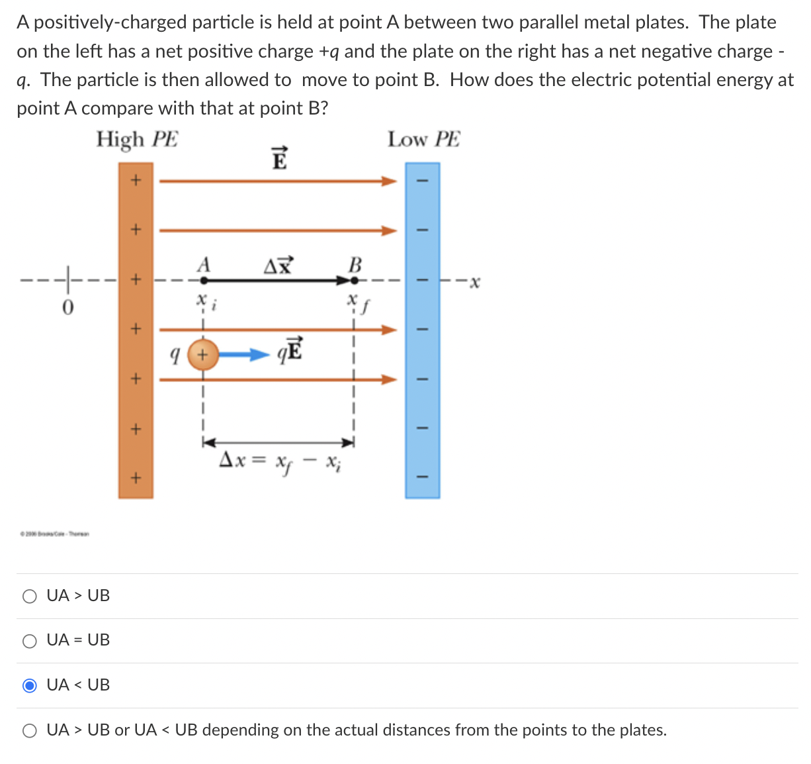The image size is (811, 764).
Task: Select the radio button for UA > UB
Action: pos(30,596)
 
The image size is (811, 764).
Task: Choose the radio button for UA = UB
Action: pos(30,640)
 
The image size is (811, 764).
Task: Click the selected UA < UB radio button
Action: pos(30,685)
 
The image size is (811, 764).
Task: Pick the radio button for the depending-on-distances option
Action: pos(30,730)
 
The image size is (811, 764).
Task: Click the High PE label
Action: pos(137,140)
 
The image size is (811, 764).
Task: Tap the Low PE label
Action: pos(423,140)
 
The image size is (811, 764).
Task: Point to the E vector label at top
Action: pos(280,158)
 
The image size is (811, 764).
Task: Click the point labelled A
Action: pos(203,280)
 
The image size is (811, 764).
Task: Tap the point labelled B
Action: pos(355,280)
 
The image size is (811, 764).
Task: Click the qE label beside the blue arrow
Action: pos(290,350)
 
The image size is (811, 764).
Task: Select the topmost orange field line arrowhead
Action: pos(389,181)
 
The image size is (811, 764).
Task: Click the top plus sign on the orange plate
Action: pos(135,180)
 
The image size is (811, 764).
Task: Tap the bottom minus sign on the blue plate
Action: pos(422,476)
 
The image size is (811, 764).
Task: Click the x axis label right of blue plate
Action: pos(474,283)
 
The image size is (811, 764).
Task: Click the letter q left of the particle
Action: pos(175,356)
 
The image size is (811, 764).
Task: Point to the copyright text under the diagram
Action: pos(56,533)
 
